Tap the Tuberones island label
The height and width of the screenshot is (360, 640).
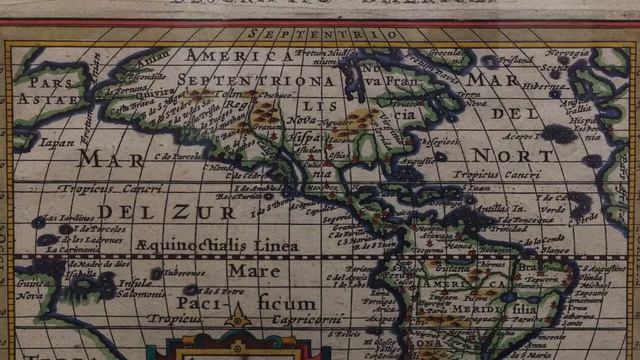pyautogui.click(x=182, y=270)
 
